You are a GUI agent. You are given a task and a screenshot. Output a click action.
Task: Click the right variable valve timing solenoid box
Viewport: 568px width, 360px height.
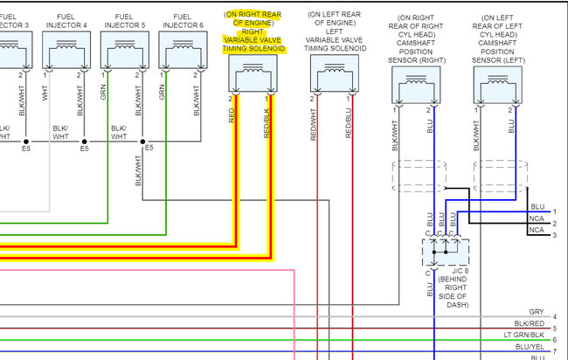250,79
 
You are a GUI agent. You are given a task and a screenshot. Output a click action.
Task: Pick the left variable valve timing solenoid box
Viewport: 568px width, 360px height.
332,79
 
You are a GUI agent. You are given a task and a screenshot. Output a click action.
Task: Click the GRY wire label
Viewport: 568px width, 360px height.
537,312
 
